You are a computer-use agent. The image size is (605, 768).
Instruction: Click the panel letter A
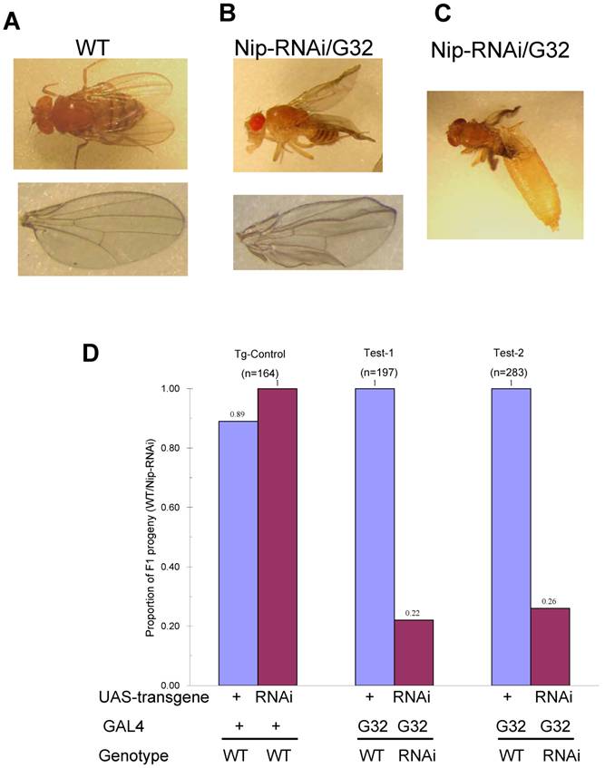[x=12, y=21]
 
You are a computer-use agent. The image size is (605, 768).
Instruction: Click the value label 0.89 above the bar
[x=239, y=413]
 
